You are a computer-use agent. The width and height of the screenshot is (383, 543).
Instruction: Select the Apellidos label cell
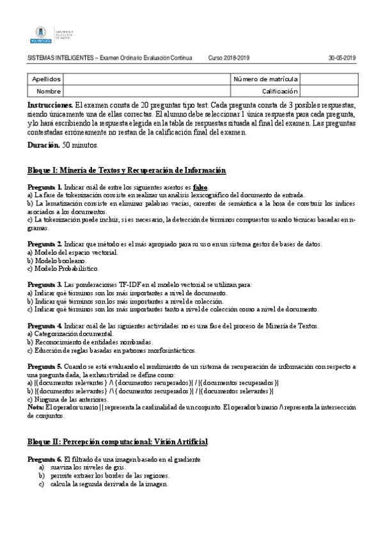pos(45,79)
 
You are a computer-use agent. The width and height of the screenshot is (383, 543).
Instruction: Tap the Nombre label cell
pos(49,92)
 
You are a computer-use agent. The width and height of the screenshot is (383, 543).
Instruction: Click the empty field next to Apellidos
pos(148,79)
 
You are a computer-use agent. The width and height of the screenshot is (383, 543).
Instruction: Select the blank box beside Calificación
pos(327,92)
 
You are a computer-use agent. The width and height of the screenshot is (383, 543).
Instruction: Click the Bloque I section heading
pos(127,170)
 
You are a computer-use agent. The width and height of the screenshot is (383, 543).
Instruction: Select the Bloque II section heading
pos(117,442)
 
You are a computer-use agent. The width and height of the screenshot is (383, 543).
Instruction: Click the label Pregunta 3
pos(44,285)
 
